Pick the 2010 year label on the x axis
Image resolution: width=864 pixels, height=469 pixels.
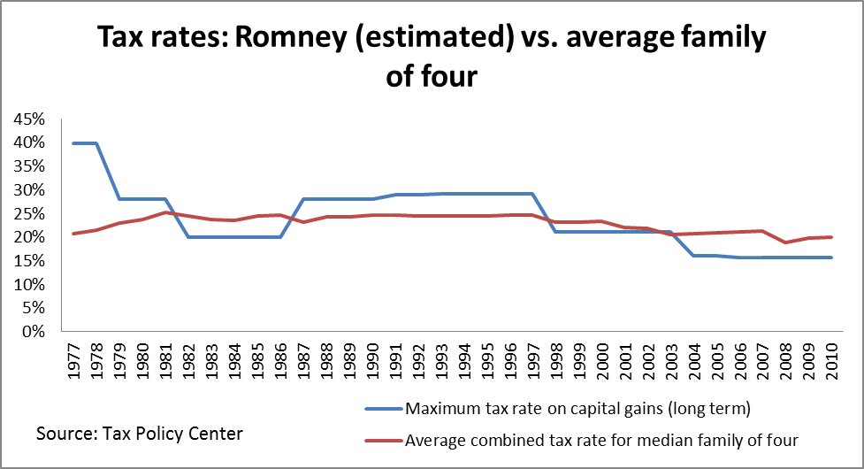(x=831, y=356)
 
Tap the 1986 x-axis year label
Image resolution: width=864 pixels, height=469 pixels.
(x=279, y=356)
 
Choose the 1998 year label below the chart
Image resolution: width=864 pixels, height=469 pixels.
(x=555, y=356)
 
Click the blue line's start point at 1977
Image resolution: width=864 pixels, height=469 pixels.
(x=73, y=142)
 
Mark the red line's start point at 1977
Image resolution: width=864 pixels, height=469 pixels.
(x=73, y=234)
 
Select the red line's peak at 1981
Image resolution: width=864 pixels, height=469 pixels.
(x=164, y=212)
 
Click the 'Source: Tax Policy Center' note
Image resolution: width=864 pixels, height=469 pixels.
(x=139, y=434)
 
